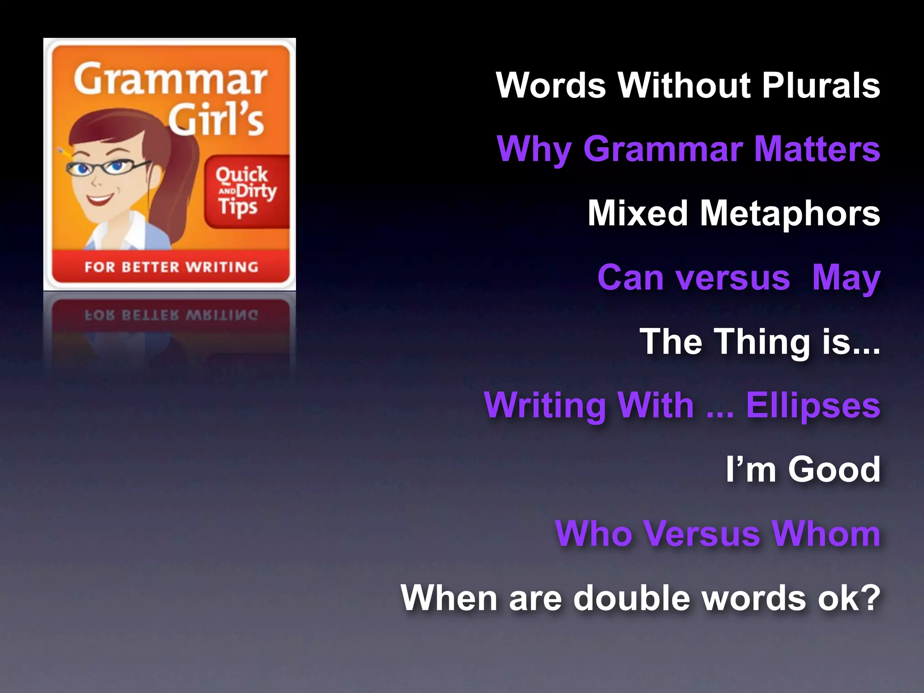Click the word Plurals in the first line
pos(821,85)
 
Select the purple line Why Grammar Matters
pos(688,149)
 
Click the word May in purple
pos(846,278)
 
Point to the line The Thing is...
pos(760,342)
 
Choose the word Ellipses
pos(813,406)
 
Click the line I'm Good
pos(803,470)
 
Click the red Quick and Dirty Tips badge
pos(246,191)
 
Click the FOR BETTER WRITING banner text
pos(171,267)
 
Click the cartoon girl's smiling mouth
pos(101,199)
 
